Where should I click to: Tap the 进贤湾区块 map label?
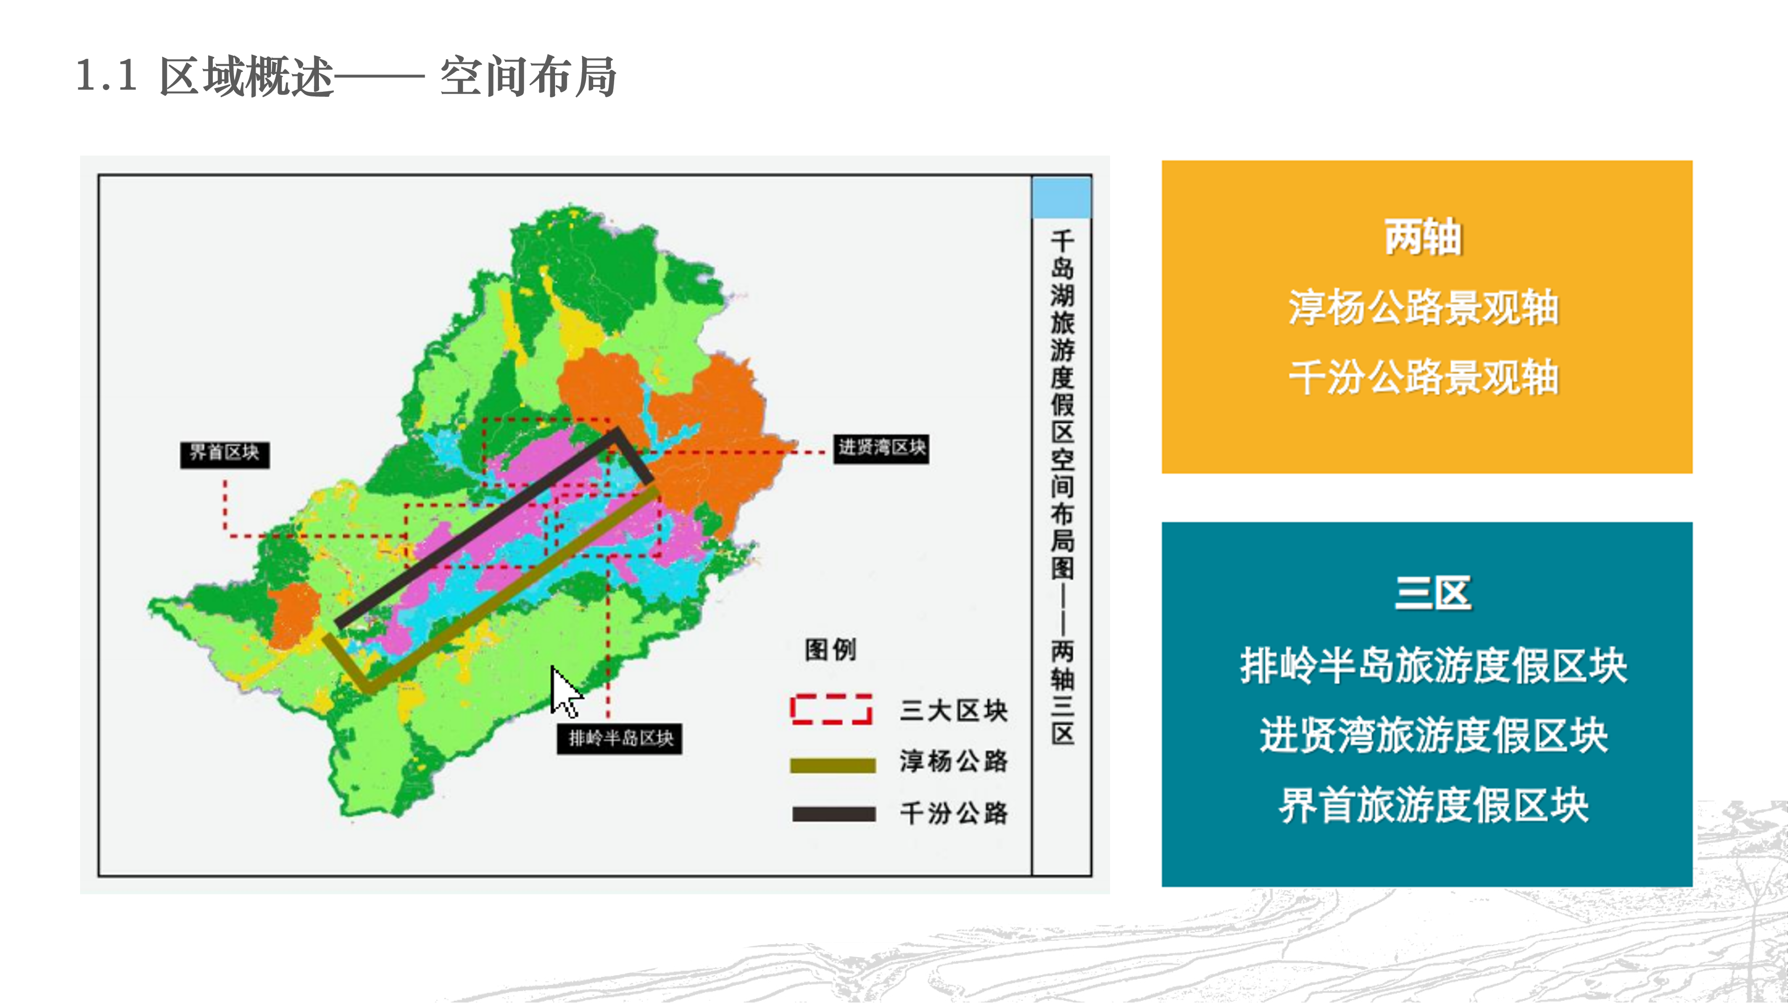pyautogui.click(x=881, y=448)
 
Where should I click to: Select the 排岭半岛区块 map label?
pyautogui.click(x=620, y=738)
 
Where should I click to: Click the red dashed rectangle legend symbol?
pyautogui.click(x=831, y=709)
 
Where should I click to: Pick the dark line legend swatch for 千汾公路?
pyautogui.click(x=833, y=814)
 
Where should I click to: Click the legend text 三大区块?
pyautogui.click(x=954, y=710)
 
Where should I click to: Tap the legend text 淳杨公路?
pyautogui.click(x=954, y=761)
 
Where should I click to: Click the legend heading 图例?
pyautogui.click(x=831, y=650)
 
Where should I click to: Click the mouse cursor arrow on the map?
pyautogui.click(x=564, y=690)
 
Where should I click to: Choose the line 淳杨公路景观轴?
pyautogui.click(x=1423, y=307)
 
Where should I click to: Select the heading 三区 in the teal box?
pyautogui.click(x=1433, y=594)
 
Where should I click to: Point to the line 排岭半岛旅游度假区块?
pyautogui.click(x=1433, y=665)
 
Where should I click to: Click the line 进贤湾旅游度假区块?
pyautogui.click(x=1433, y=735)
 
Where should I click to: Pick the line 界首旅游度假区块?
pyautogui.click(x=1433, y=805)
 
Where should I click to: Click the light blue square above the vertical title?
pyautogui.click(x=1061, y=197)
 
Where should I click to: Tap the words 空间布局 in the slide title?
pyautogui.click(x=528, y=76)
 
